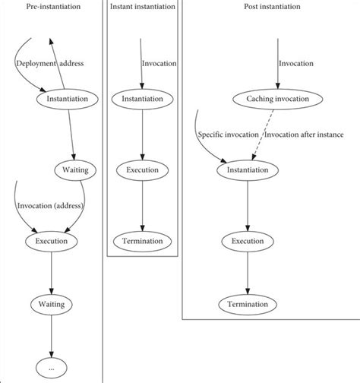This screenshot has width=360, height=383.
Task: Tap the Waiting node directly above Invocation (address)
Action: [x=72, y=169]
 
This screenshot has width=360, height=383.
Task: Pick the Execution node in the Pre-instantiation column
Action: [x=51, y=241]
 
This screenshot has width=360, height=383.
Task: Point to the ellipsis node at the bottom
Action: [x=51, y=368]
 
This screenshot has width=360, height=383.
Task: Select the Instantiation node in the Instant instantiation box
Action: [x=142, y=99]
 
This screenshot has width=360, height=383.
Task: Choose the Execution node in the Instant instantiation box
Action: [x=142, y=169]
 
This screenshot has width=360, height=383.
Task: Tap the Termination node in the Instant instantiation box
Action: [x=142, y=241]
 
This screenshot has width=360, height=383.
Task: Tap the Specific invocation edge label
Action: [x=227, y=135]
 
